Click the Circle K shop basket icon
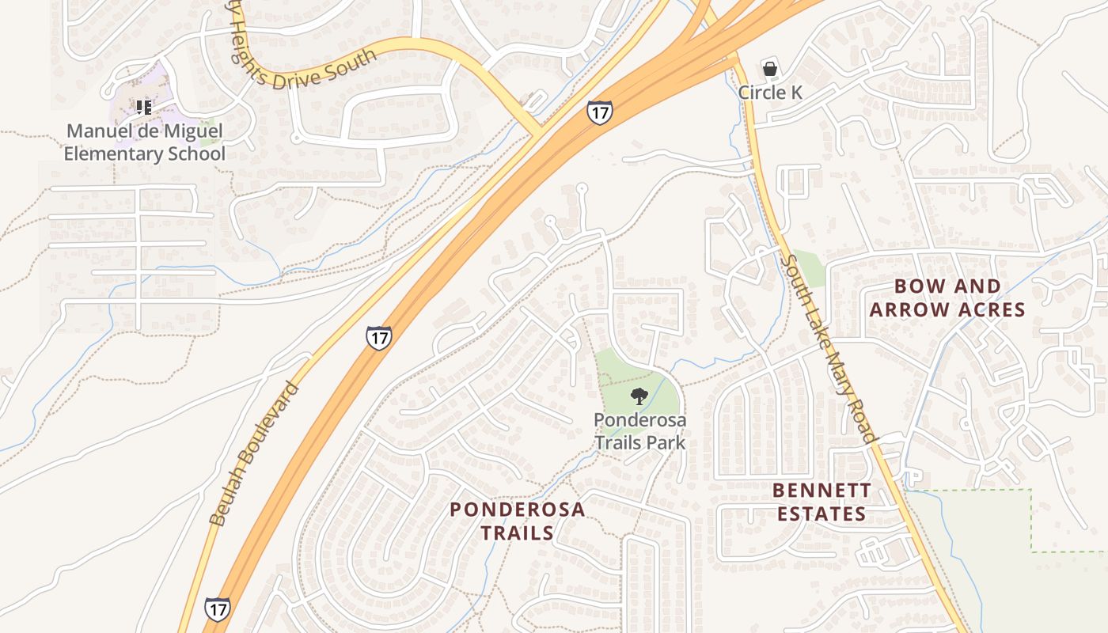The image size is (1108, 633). (769, 70)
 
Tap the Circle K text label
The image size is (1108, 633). (770, 93)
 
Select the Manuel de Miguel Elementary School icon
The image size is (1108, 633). (143, 107)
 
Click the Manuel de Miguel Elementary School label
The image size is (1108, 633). (144, 142)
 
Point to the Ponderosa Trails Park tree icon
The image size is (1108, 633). (639, 396)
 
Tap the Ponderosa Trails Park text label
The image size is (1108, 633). (639, 430)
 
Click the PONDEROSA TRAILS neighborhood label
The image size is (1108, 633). (518, 521)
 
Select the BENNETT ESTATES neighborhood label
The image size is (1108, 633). (822, 502)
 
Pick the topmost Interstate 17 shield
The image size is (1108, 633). (600, 112)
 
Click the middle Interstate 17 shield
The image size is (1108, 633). (379, 338)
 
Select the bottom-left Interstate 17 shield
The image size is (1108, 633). (218, 608)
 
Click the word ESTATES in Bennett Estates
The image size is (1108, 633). (822, 514)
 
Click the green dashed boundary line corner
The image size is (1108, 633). (1031, 491)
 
